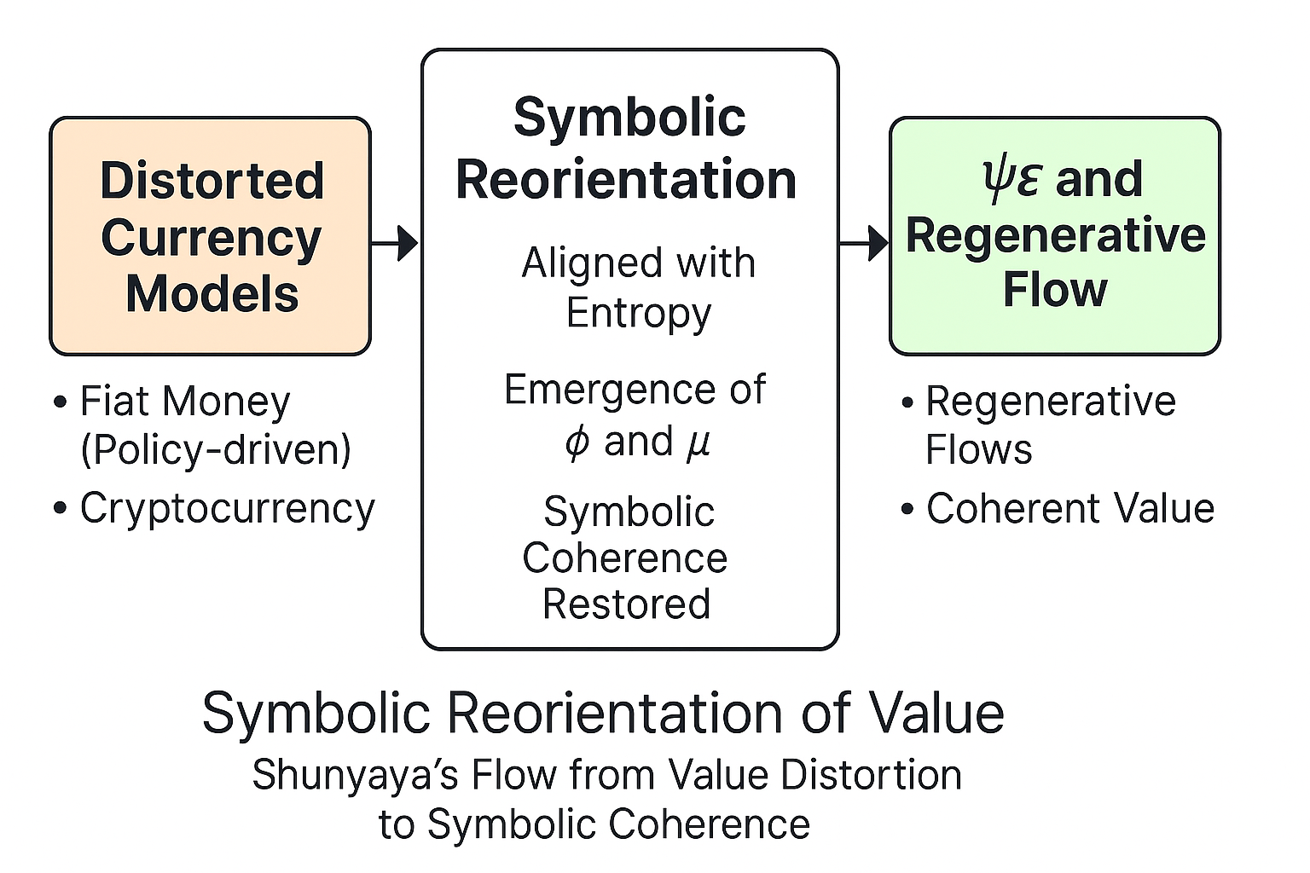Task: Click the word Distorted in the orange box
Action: click(212, 181)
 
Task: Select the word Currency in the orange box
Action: click(212, 240)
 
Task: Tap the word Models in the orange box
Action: click(212, 293)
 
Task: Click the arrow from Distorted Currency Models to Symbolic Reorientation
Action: click(395, 243)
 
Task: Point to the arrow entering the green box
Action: click(864, 243)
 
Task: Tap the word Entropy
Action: click(639, 315)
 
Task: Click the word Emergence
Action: click(610, 390)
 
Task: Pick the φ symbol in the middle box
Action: click(577, 442)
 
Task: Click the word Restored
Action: click(626, 604)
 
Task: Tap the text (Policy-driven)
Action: click(216, 450)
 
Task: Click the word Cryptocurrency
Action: click(228, 509)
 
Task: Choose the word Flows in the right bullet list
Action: click(979, 449)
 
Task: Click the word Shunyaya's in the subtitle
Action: click(356, 775)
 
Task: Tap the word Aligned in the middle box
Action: click(591, 264)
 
